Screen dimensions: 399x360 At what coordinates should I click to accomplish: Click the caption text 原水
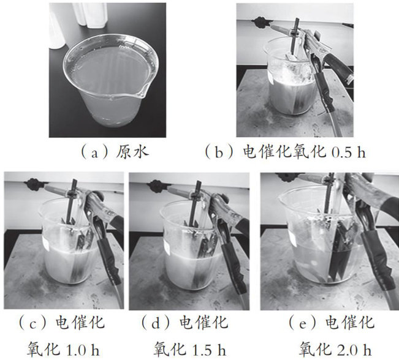132,152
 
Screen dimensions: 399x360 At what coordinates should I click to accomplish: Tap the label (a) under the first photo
94,153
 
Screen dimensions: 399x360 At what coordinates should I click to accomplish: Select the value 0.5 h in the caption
349,152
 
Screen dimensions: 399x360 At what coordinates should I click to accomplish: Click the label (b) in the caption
219,152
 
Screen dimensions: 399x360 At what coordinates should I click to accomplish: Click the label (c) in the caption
32,323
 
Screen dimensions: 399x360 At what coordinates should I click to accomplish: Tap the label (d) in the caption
156,323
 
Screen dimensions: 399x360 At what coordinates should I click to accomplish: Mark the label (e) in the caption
303,323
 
